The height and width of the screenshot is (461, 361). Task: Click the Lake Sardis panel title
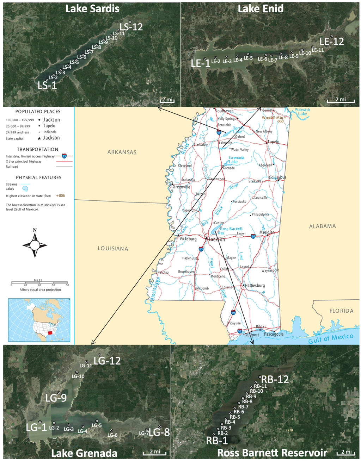tap(92, 8)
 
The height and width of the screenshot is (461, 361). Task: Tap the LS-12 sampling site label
tap(131, 27)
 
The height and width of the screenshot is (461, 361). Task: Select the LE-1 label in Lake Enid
tap(200, 63)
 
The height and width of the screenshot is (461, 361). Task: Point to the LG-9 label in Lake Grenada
tap(56, 398)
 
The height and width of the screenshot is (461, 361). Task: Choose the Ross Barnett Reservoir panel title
tap(272, 453)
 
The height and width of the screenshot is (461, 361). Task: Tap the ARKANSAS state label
tap(122, 152)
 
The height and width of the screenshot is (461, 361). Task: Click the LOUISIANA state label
tap(113, 249)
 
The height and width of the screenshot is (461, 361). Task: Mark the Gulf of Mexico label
tap(331, 338)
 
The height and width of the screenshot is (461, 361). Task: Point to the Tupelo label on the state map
tap(273, 142)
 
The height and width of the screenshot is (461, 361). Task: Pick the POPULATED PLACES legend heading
tap(38, 112)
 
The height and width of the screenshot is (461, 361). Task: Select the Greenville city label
tap(181, 187)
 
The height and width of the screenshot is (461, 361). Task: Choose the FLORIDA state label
tap(341, 311)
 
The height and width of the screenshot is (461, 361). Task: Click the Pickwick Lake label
tap(302, 112)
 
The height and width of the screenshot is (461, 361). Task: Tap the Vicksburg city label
tap(188, 239)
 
